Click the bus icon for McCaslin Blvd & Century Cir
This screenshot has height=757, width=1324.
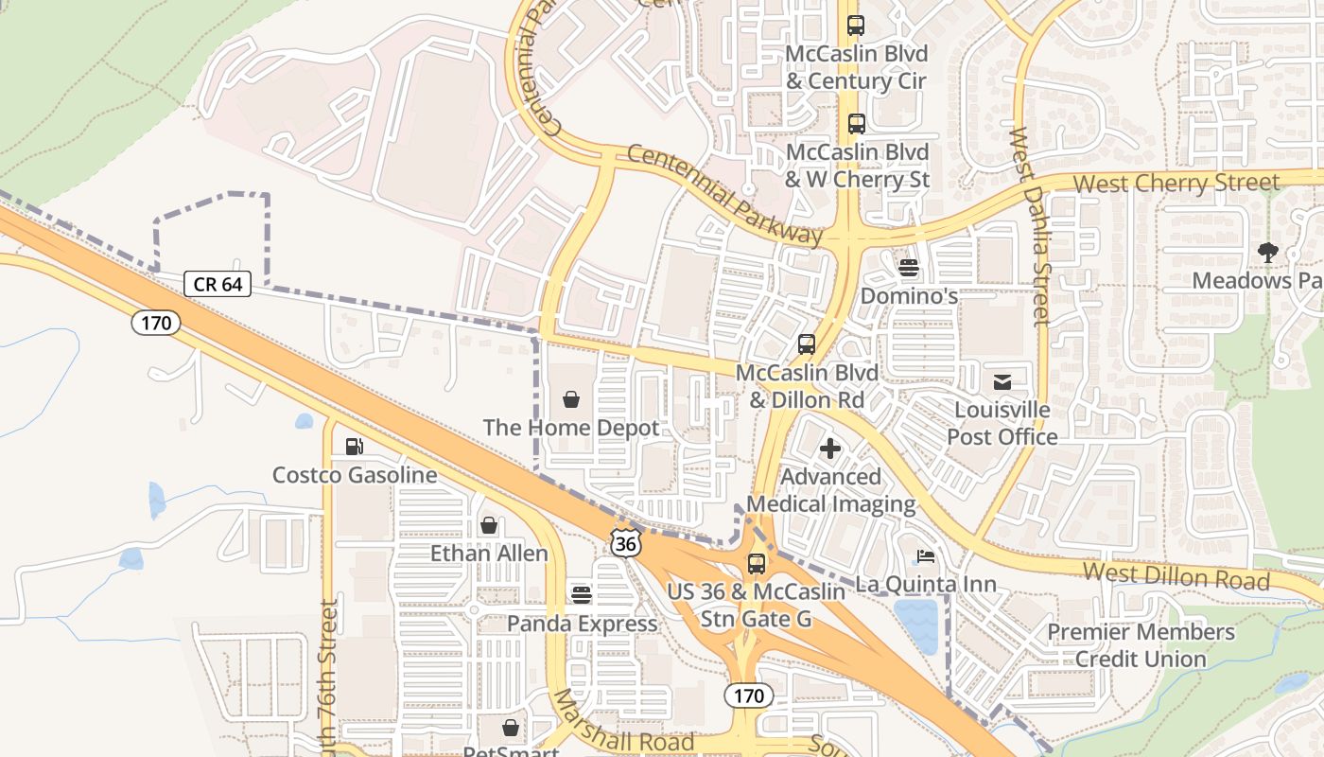pos(856,26)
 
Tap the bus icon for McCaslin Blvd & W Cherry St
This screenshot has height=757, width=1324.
pos(856,124)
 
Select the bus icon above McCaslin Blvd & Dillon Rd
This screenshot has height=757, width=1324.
pos(807,344)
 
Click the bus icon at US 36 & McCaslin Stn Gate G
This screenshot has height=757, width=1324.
pos(757,564)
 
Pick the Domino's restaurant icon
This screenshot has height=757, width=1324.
pos(909,268)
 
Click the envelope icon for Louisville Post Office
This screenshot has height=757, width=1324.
pos(1002,382)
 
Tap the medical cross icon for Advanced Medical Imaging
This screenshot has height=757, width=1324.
pos(830,449)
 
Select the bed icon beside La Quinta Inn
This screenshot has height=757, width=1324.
pos(926,556)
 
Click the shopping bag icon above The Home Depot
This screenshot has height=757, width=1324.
pos(570,400)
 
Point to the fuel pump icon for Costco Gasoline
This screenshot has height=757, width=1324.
pos(355,447)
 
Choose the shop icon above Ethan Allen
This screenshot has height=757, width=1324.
pos(489,525)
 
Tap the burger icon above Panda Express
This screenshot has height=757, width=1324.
pos(582,594)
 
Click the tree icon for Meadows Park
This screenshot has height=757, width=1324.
pos(1267,252)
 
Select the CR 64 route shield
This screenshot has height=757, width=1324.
pos(218,284)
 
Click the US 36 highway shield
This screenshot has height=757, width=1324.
pos(624,542)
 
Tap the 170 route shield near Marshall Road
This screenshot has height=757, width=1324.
pos(749,696)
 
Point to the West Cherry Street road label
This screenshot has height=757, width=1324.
pos(1176,182)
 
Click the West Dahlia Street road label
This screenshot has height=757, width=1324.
pos(1029,227)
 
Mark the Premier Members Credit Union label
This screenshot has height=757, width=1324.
pos(1141,645)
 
